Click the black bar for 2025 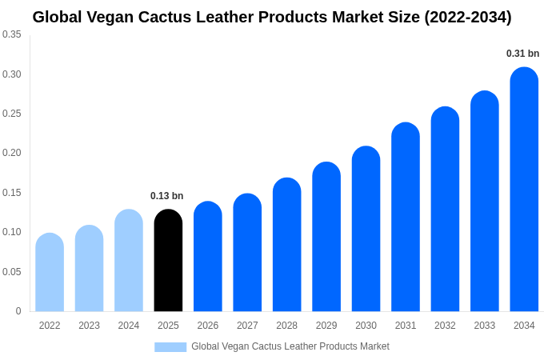coord(168,261)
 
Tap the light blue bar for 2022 coord(50,273)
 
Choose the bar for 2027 coord(247,253)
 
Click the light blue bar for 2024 coord(129,261)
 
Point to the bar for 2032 coord(445,210)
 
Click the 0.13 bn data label coord(167,196)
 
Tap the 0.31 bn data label coord(522,54)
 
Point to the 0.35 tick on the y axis coord(12,34)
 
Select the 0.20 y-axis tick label coord(12,153)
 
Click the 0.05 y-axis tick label coord(12,272)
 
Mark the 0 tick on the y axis coord(18,311)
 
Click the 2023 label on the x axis coord(89,326)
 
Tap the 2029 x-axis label coord(326,326)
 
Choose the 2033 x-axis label coord(484,326)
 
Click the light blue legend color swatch coord(170,347)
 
